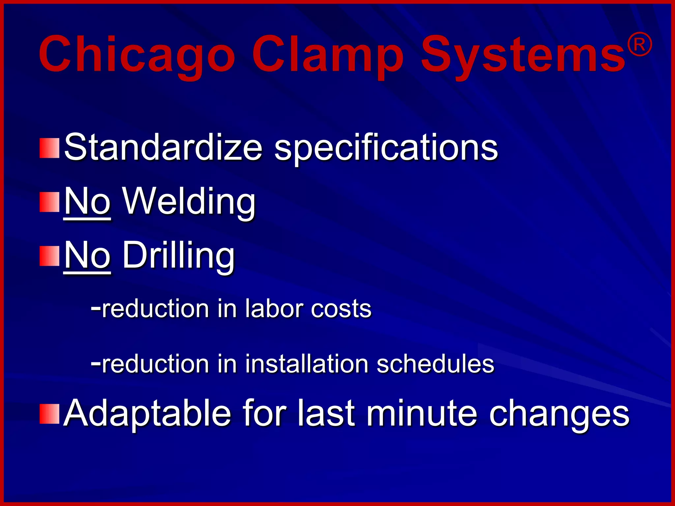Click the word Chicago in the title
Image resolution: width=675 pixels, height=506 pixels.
(137, 54)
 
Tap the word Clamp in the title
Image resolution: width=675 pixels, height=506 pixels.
(328, 54)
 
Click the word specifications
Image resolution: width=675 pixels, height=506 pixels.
(386, 148)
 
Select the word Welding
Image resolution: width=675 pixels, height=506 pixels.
(189, 202)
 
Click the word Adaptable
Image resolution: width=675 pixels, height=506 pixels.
(147, 413)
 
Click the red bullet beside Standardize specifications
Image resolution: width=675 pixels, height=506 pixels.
(49, 148)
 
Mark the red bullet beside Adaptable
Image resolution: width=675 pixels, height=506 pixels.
(49, 414)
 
